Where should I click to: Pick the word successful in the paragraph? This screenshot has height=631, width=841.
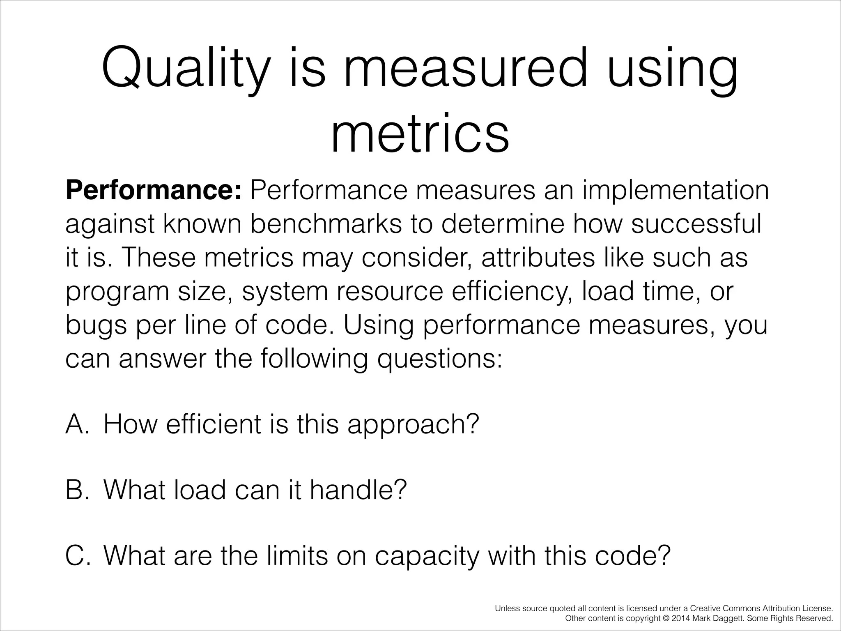[x=696, y=224]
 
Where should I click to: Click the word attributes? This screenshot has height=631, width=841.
[x=538, y=258]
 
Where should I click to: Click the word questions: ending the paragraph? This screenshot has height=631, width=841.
[x=440, y=359]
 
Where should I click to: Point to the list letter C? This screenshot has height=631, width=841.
[x=77, y=555]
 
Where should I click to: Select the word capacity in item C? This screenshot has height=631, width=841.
[x=427, y=556]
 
